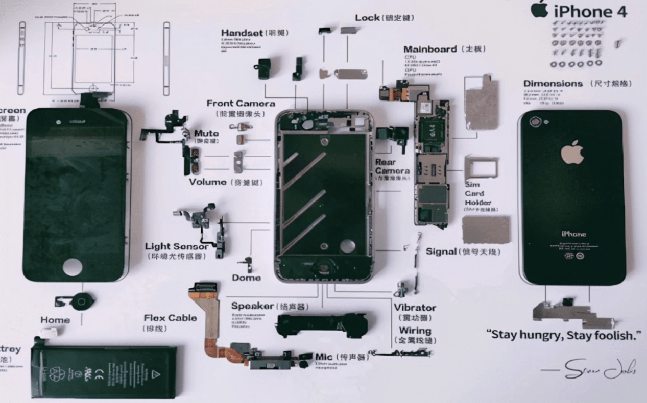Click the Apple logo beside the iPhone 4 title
[x=539, y=9]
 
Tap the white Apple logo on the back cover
[x=572, y=153]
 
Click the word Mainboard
[x=430, y=49]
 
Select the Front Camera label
[x=241, y=104]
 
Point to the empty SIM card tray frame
[x=481, y=167]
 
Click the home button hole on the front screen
[x=73, y=267]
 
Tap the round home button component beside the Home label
[x=82, y=301]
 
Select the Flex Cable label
[x=170, y=318]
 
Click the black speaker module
[x=322, y=325]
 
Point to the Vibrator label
[x=415, y=308]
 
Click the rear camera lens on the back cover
[x=535, y=121]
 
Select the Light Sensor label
[x=176, y=247]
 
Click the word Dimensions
[x=553, y=84]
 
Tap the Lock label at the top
[x=367, y=18]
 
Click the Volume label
[x=208, y=182]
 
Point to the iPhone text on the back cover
[x=573, y=234]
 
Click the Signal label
[x=441, y=251]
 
